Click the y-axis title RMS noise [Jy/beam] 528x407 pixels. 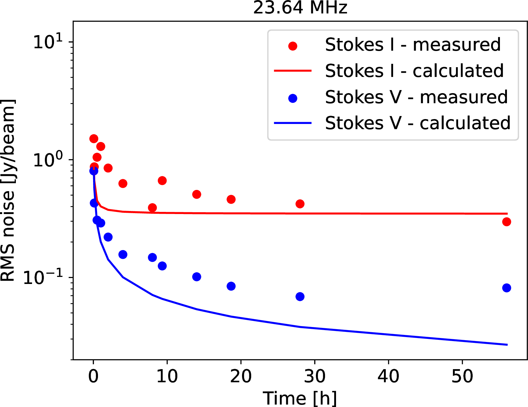pos(8,190)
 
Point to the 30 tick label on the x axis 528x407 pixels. pos(315,376)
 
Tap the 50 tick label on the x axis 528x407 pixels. pos(462,376)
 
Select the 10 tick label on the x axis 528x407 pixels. pos(167,376)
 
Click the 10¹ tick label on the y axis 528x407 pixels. pos(48,42)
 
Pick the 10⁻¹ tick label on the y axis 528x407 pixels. pos(43,277)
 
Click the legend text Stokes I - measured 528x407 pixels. pos(413,45)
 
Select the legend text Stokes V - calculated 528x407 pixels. pos(418,123)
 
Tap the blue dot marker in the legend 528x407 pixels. pos(293,98)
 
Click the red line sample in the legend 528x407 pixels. pos(293,71)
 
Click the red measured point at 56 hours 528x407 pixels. pos(507,222)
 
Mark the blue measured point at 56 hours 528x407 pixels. pos(507,288)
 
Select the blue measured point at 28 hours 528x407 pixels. pos(300,296)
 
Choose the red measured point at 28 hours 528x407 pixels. pos(300,204)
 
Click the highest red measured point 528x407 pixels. pos(94,139)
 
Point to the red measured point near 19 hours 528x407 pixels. pos(231,199)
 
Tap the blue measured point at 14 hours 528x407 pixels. pos(197,277)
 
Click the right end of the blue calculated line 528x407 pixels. pos(507,345)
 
